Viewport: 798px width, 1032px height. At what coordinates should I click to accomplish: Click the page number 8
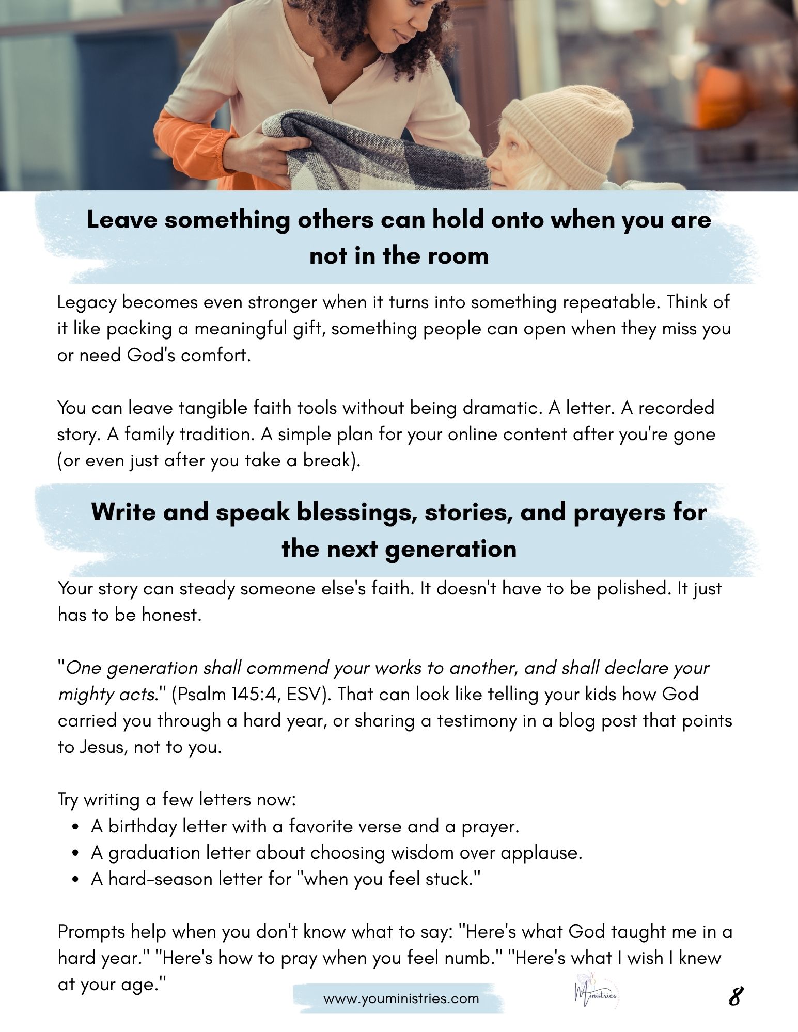736,996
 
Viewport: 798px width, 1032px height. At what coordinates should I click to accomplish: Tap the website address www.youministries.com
401,998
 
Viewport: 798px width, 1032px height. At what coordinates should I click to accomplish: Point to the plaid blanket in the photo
362,155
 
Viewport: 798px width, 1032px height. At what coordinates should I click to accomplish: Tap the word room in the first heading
461,256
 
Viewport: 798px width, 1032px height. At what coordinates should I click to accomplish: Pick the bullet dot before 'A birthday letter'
76,828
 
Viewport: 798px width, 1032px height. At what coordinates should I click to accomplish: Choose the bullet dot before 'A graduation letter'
76,854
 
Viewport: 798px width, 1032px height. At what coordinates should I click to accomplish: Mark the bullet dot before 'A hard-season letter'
76,880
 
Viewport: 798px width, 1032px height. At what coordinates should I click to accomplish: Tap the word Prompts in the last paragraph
91,932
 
